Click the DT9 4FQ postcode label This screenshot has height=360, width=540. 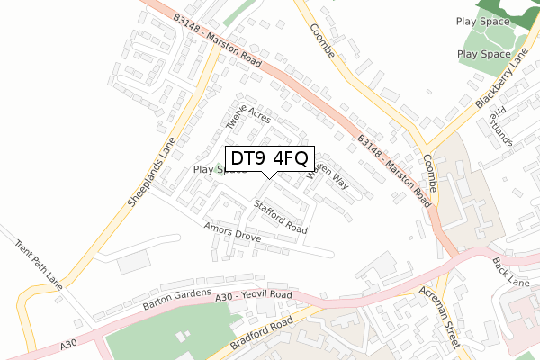pos(268,158)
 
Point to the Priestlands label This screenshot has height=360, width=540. pos(499,127)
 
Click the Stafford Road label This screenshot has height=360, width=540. pos(280,216)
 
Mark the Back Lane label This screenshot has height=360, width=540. pos(511,270)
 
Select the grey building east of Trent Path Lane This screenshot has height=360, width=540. pos(133,263)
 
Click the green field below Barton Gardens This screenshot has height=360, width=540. pos(162,337)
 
